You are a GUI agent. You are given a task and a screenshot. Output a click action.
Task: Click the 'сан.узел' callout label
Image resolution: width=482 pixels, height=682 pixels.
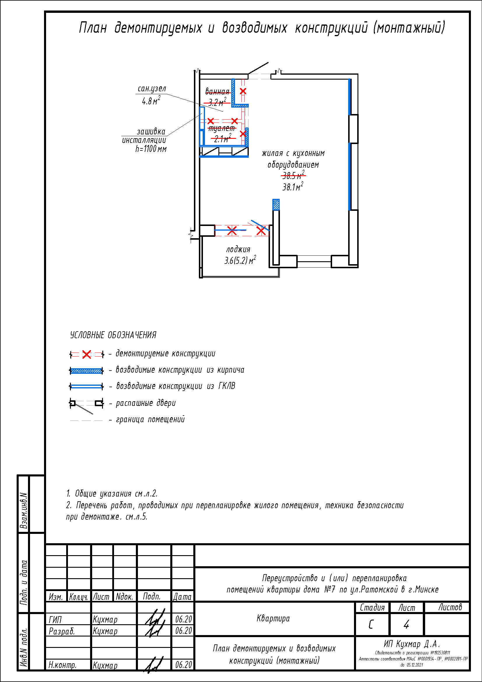[x=152, y=89]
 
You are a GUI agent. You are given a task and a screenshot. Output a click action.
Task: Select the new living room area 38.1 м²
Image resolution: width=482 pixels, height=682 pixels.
[x=292, y=187]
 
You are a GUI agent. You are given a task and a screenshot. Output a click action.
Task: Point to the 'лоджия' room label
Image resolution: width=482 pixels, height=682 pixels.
[x=238, y=249]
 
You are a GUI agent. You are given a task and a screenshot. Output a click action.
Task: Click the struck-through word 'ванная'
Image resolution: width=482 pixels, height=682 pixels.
[x=218, y=91]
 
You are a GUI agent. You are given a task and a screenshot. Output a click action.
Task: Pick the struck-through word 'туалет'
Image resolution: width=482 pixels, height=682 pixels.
[x=222, y=128]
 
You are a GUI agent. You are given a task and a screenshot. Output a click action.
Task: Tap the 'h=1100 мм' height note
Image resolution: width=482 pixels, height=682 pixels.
[x=151, y=149]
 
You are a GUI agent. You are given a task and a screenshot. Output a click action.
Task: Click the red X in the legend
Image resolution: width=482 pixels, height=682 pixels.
[x=87, y=354]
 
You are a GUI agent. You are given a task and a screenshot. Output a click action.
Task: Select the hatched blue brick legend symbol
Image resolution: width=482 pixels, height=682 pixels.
[x=86, y=371]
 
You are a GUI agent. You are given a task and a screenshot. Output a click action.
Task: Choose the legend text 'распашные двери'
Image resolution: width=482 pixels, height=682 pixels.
[x=146, y=403]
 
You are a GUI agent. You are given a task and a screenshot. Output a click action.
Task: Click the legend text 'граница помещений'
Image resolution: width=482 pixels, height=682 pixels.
[x=150, y=419]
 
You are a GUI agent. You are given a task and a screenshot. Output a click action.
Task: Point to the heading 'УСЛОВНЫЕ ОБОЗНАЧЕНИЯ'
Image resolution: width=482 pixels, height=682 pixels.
[x=113, y=335]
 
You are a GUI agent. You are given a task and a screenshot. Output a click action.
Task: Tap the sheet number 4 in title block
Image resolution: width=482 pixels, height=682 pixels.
[x=406, y=625]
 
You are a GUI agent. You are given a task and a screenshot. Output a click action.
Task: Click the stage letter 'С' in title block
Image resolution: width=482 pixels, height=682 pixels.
[x=371, y=625]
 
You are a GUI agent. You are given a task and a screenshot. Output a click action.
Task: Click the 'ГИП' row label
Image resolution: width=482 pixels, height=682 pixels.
[x=55, y=620]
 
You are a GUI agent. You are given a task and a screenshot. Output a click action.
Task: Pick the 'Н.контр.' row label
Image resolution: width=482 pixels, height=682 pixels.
[x=63, y=665]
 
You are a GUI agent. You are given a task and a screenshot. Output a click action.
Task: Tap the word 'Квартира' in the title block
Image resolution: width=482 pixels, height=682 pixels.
[x=273, y=618]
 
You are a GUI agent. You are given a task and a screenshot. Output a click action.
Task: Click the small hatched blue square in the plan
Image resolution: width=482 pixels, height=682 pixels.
[x=276, y=204]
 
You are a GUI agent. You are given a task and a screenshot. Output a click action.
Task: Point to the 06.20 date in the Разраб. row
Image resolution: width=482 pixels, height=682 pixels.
[x=183, y=631]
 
